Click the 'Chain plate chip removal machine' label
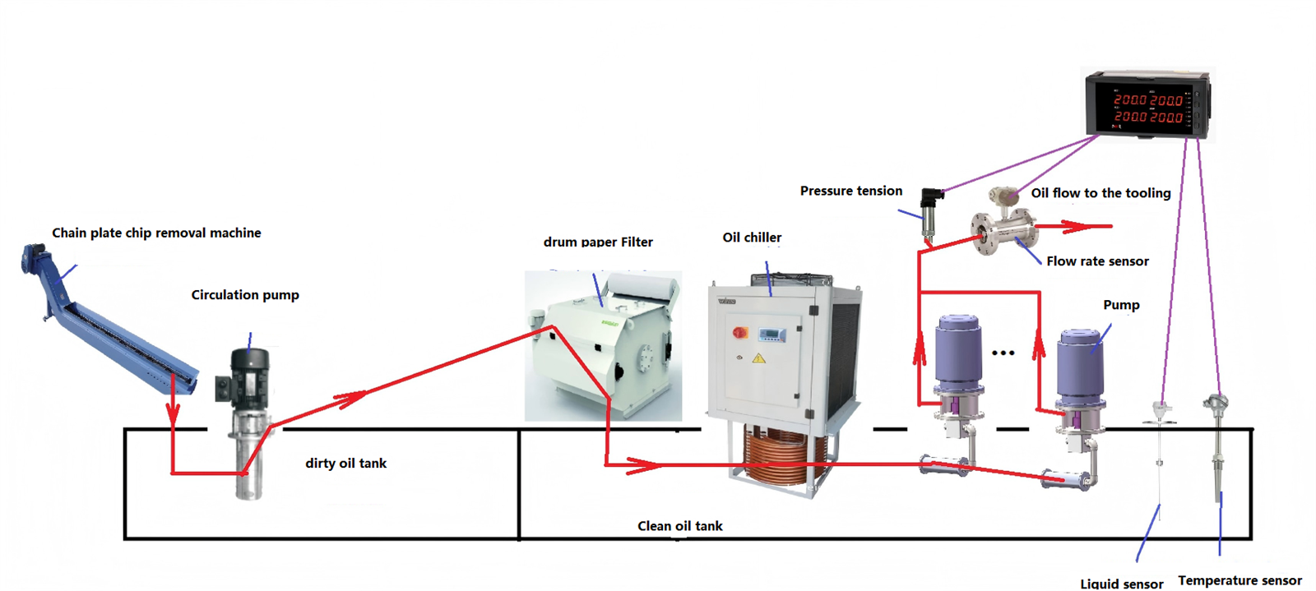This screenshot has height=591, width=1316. coord(156,233)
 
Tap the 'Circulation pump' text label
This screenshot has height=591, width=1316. coord(245,294)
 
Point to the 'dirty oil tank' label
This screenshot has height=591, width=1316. coord(345,463)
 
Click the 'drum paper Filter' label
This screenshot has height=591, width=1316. coord(598,242)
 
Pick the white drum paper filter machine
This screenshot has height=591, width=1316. coord(604,345)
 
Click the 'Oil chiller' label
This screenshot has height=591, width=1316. coord(752,238)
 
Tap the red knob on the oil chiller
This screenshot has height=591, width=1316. coord(739,332)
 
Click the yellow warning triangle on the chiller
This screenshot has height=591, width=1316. coord(758,358)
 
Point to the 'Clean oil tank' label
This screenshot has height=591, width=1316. coord(679,526)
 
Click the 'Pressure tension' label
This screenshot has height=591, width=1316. coord(851,191)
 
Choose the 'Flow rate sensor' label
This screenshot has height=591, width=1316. coord(1097,261)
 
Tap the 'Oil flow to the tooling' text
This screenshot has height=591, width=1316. coord(1101,193)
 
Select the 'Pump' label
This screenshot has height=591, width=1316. coord(1121,305)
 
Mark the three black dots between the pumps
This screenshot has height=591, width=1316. coord(1003,353)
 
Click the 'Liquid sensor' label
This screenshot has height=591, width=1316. coord(1121,584)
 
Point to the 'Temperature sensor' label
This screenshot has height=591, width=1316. coord(1240,580)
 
